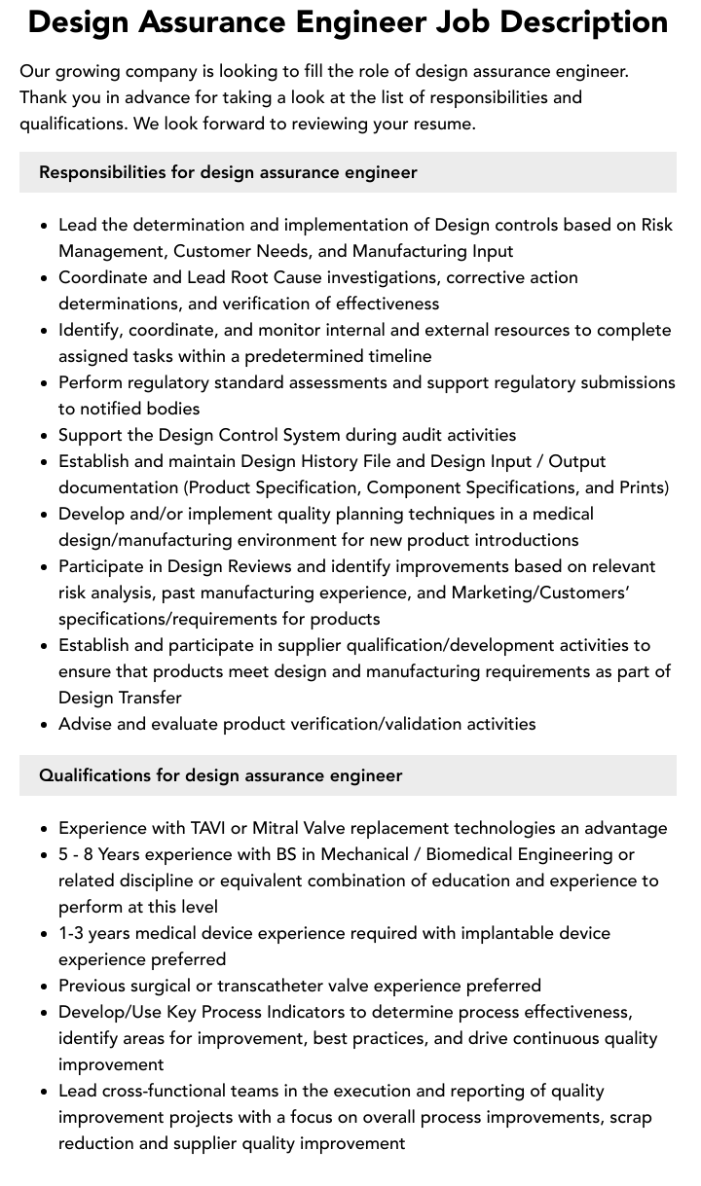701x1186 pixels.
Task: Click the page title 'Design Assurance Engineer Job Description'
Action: tap(348, 23)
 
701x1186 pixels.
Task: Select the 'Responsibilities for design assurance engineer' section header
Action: tap(228, 172)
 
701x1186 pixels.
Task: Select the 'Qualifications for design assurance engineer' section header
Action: tap(220, 775)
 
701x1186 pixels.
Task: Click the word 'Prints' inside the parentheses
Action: tap(641, 487)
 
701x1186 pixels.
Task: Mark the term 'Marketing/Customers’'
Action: tap(540, 593)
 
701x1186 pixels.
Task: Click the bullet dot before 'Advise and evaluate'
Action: tap(45, 724)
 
